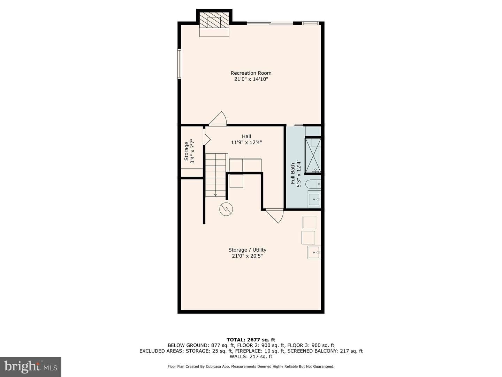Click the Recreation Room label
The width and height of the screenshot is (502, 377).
(251, 73)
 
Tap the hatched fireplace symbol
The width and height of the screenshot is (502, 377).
(214, 20)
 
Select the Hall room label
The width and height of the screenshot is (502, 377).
(246, 136)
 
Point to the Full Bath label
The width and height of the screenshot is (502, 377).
(293, 173)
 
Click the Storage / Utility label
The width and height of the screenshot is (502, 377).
(247, 250)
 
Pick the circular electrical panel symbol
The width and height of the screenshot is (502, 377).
(226, 209)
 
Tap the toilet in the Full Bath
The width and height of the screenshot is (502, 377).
(313, 184)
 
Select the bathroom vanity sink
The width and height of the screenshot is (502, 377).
(314, 199)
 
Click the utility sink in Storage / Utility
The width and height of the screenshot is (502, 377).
(314, 252)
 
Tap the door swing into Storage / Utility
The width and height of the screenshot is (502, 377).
(274, 216)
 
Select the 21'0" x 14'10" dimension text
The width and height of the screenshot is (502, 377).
(251, 79)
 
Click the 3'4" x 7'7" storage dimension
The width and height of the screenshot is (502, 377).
(192, 151)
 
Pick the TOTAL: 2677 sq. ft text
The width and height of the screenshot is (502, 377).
(251, 340)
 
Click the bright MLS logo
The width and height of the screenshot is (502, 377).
(31, 367)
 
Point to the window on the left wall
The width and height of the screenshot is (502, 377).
(180, 64)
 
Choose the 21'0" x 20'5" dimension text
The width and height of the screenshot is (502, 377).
(247, 256)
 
